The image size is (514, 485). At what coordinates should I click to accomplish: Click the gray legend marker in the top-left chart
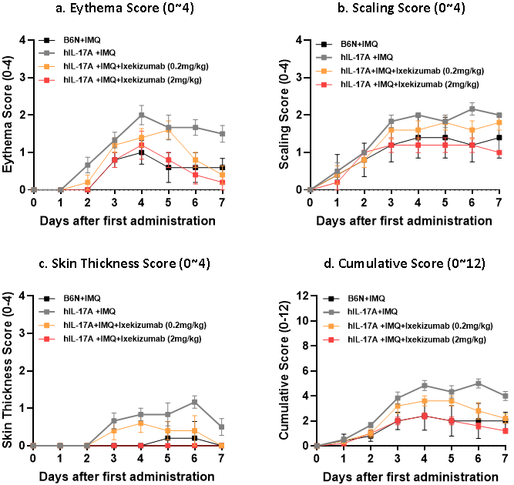[x=46, y=53]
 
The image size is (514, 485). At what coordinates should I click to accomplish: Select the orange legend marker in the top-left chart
[x=46, y=66]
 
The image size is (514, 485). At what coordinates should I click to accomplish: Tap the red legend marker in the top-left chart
[x=46, y=79]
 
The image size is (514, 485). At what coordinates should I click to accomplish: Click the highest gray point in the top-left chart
[x=141, y=115]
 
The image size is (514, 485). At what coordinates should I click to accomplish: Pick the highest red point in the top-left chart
[x=141, y=145]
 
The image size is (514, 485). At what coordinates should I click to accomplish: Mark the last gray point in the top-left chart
[x=222, y=133]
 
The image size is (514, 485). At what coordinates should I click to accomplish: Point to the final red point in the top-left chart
[x=222, y=182]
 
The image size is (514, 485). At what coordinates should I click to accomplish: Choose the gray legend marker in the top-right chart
[x=324, y=57]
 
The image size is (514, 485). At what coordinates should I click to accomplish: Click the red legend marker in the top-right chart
[x=324, y=85]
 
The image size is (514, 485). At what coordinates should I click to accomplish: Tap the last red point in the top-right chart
[x=499, y=152]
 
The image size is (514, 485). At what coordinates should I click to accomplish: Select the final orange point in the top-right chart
[x=499, y=122]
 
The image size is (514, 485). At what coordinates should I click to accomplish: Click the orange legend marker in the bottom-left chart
[x=46, y=325]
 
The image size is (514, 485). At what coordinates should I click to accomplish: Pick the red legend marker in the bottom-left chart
[x=46, y=339]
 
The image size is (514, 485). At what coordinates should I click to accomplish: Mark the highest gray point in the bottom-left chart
[x=194, y=401]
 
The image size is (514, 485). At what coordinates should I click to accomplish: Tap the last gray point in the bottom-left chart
[x=222, y=426]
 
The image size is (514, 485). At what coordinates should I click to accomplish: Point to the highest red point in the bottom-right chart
[x=425, y=416]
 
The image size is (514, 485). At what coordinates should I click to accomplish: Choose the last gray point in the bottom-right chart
[x=506, y=396]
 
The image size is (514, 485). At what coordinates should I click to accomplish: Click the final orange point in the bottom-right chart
[x=506, y=418]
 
